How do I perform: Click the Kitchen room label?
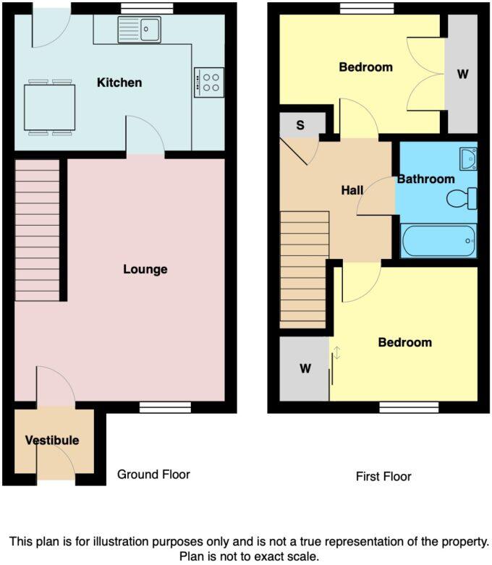coord(119,82)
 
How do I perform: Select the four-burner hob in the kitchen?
coord(208,82)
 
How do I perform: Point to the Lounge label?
coord(145,270)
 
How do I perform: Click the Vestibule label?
coord(52,440)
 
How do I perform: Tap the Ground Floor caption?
coord(153,475)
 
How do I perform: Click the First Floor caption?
coord(383,477)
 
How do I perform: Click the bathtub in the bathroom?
coord(438,240)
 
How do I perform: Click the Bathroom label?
coord(425,179)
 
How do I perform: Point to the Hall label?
coord(352,190)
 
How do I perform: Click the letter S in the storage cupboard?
coord(300,124)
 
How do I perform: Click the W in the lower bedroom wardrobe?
coord(305,369)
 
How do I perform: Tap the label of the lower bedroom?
coord(404,342)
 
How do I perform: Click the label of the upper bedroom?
coord(365,67)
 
